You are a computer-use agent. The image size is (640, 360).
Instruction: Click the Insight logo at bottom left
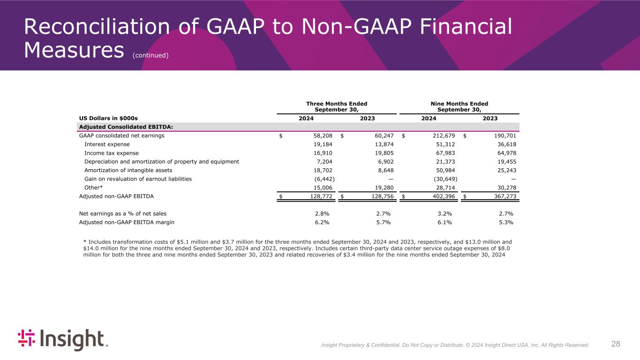(63, 339)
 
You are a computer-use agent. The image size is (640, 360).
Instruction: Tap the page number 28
(616, 344)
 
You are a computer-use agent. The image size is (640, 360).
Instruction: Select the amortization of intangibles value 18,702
(323, 170)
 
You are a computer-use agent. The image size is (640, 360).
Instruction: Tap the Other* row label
(93, 187)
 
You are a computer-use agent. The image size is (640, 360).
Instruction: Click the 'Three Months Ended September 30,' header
(337, 106)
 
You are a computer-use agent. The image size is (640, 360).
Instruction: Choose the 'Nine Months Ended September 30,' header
(459, 106)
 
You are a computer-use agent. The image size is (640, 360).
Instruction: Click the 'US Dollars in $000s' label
(108, 119)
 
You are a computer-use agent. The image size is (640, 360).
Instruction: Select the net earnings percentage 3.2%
(444, 214)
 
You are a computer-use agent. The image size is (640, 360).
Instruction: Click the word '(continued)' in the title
(150, 55)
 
